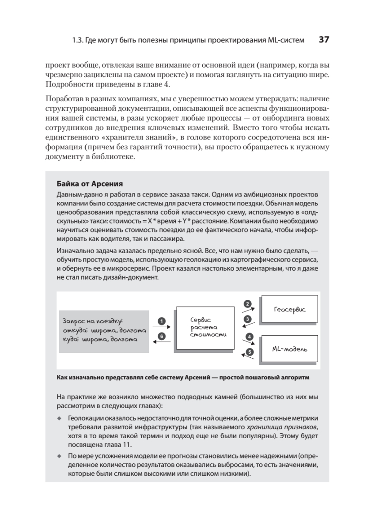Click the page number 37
point(324,40)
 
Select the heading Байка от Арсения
point(90,184)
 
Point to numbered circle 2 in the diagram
point(248,304)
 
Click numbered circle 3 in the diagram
point(248,319)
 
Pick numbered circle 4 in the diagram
point(250,337)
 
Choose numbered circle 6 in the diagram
point(162,336)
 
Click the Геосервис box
point(289,309)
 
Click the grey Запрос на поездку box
point(104,330)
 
